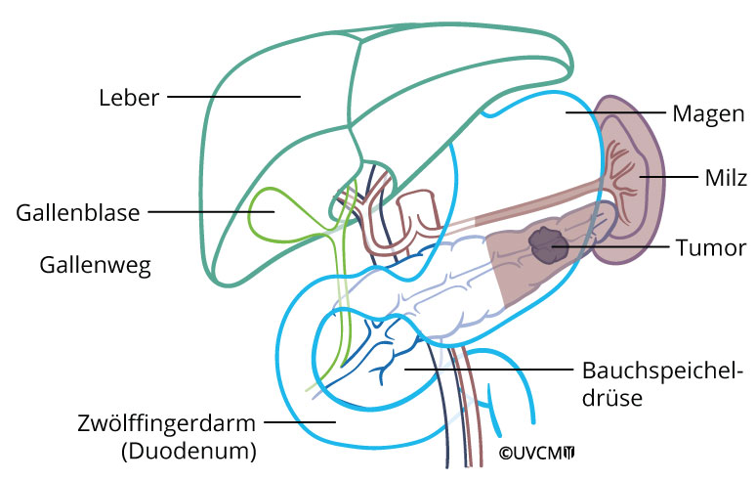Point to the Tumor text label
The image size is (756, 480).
coord(711,247)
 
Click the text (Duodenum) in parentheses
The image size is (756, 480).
coord(188,451)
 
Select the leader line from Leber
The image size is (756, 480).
coord(234,97)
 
